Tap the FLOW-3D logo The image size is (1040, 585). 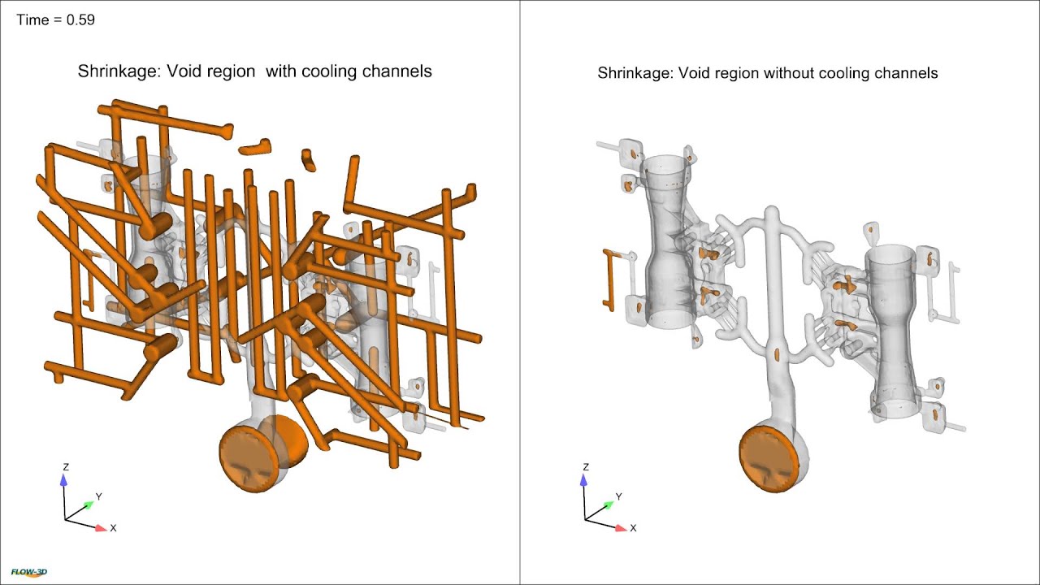click(29, 573)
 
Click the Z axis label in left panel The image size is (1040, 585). click(66, 467)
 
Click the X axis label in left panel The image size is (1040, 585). click(113, 528)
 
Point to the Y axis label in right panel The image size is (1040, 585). click(618, 496)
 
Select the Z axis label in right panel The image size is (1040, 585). click(586, 467)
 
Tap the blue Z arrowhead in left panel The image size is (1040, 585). click(65, 480)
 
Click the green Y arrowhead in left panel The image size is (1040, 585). click(88, 505)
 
